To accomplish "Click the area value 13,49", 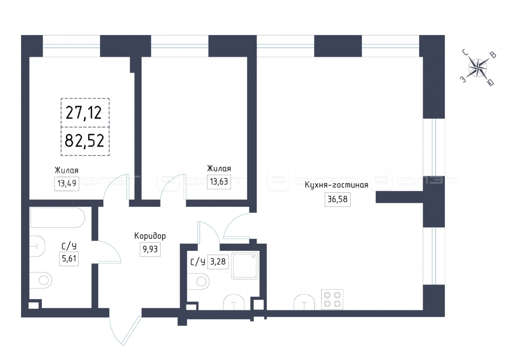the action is click(x=67, y=184).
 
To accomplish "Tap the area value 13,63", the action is click(x=219, y=182).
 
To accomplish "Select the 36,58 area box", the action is click(x=337, y=200).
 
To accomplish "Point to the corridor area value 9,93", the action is click(x=150, y=249).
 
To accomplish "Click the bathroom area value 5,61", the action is click(x=69, y=259).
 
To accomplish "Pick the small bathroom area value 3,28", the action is click(x=218, y=262).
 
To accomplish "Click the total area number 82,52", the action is click(x=84, y=141).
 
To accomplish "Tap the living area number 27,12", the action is click(x=84, y=113).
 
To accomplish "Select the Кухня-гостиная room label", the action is click(x=336, y=185).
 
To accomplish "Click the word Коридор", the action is click(x=150, y=236).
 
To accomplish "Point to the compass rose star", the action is click(x=478, y=68).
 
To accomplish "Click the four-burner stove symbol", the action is click(x=332, y=299).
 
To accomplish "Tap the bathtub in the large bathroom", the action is click(x=58, y=217).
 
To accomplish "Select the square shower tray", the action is click(x=245, y=265).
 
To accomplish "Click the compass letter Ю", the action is click(x=491, y=83).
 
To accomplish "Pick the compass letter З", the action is click(x=463, y=79).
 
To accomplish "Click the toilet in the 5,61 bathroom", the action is click(x=41, y=281).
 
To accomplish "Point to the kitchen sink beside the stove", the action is click(x=304, y=302).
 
